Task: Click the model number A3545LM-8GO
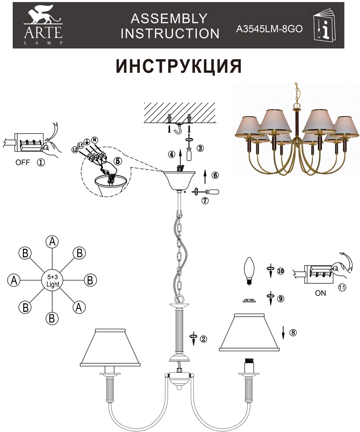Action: pos(269,29)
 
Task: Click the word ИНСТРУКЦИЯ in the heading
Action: pos(179,66)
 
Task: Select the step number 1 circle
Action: pos(41,162)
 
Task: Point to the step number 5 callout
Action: pos(118,161)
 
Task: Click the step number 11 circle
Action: pos(341,288)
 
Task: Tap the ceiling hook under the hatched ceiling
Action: pos(179,128)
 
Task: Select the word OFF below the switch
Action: pos(22,162)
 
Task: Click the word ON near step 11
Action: pos(320,293)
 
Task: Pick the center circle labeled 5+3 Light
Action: pos(52,280)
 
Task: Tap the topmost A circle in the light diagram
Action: pos(52,242)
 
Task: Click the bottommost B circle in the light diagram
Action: pos(52,318)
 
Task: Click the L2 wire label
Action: pos(74,149)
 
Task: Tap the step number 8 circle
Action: pos(293,333)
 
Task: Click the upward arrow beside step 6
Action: pos(204,177)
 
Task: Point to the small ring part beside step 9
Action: pos(249,301)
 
